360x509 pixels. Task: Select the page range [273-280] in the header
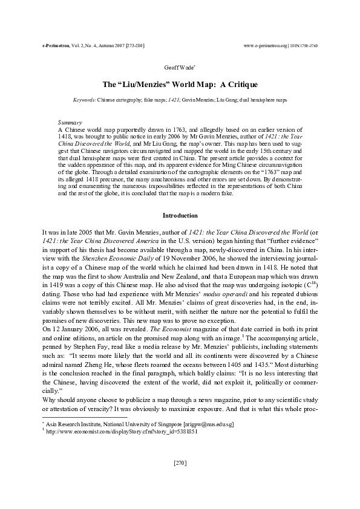coord(134,45)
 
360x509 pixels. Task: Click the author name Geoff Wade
coord(179,69)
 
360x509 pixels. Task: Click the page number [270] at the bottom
coord(180,463)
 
